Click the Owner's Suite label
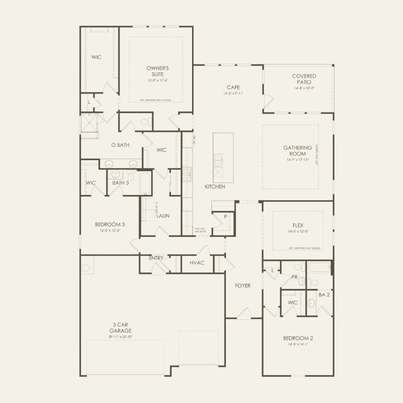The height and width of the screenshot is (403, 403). (158, 72)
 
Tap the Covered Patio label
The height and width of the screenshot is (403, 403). (304, 79)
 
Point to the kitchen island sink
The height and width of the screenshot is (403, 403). (218, 160)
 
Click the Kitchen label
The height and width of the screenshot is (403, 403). (215, 186)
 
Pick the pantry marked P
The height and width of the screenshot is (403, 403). (225, 217)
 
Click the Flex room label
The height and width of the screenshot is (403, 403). (297, 225)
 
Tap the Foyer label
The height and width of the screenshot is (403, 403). (243, 286)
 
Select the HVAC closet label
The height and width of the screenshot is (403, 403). (197, 263)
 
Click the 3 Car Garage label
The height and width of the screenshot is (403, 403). (117, 328)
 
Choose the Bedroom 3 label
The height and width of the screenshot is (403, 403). (110, 224)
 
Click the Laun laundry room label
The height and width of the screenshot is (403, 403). (163, 216)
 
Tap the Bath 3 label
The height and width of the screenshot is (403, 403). (121, 183)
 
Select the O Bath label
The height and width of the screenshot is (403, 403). (120, 145)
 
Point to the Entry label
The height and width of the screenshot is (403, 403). (156, 258)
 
